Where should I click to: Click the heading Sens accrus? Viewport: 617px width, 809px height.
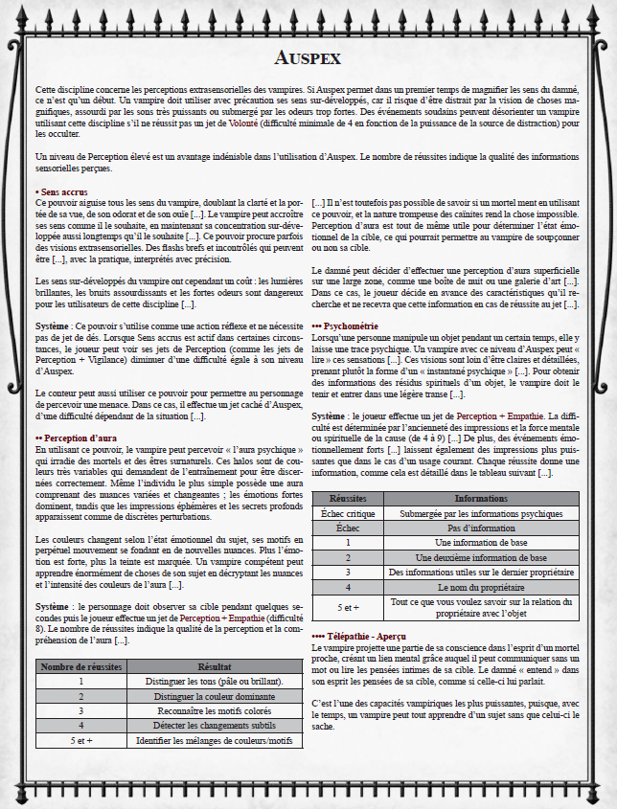(61, 192)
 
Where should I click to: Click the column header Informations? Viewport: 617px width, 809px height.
(481, 499)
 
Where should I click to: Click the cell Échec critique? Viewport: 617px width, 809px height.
(348, 513)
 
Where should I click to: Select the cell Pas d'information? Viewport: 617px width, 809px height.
(481, 528)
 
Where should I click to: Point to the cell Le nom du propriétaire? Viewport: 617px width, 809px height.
(481, 586)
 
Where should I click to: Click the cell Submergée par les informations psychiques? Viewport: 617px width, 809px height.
(481, 513)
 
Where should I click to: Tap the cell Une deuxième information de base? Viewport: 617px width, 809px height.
(481, 557)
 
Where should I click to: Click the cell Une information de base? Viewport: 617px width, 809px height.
(481, 542)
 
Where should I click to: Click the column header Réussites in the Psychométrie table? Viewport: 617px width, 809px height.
(348, 499)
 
